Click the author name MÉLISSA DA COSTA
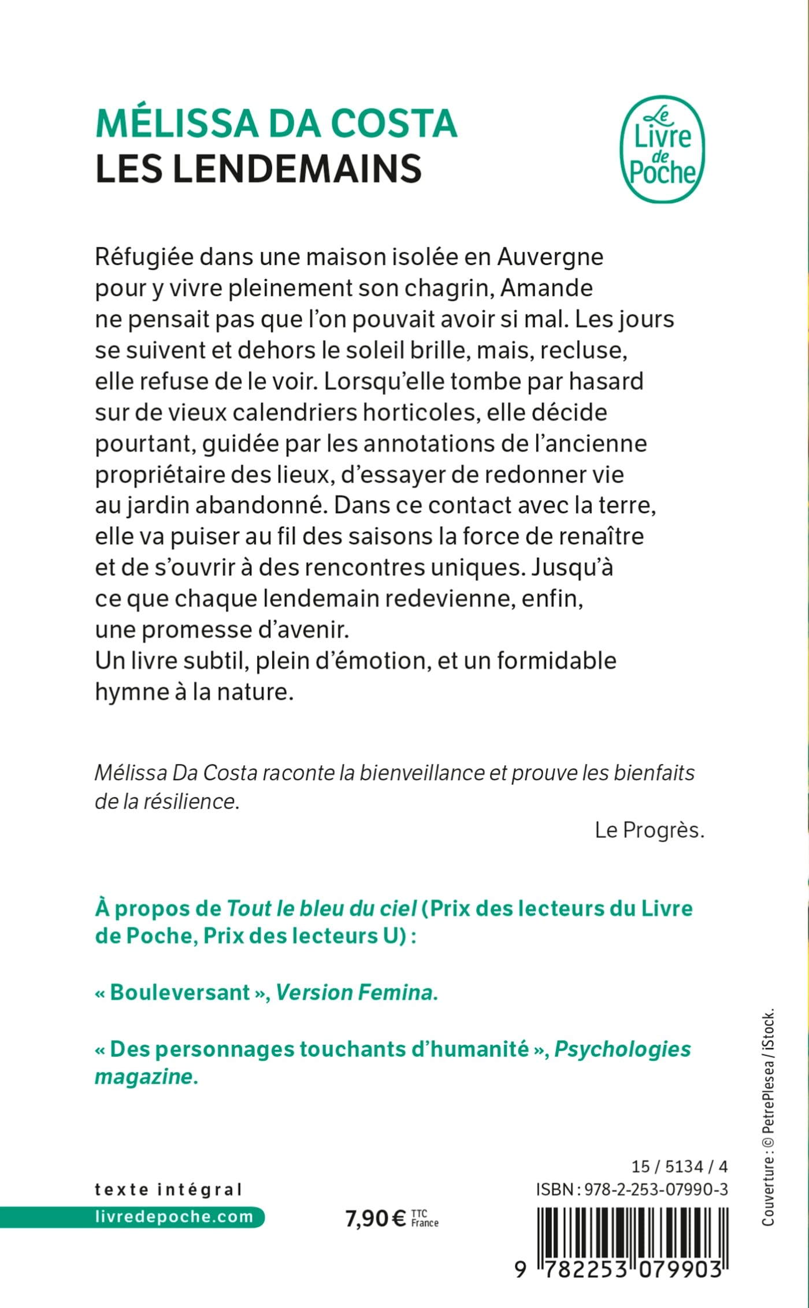click(x=276, y=124)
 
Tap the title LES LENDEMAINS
click(x=258, y=169)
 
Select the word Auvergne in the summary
click(x=550, y=257)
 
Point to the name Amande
click(x=546, y=288)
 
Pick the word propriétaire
click(x=159, y=475)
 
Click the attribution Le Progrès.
click(x=650, y=830)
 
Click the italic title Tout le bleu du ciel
click(x=321, y=908)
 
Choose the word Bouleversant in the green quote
click(x=180, y=992)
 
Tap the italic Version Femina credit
click(x=357, y=992)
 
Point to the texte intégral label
click(x=168, y=1189)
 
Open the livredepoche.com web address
click(x=173, y=1216)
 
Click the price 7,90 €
click(x=376, y=1218)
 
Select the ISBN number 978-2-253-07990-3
click(x=656, y=1189)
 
